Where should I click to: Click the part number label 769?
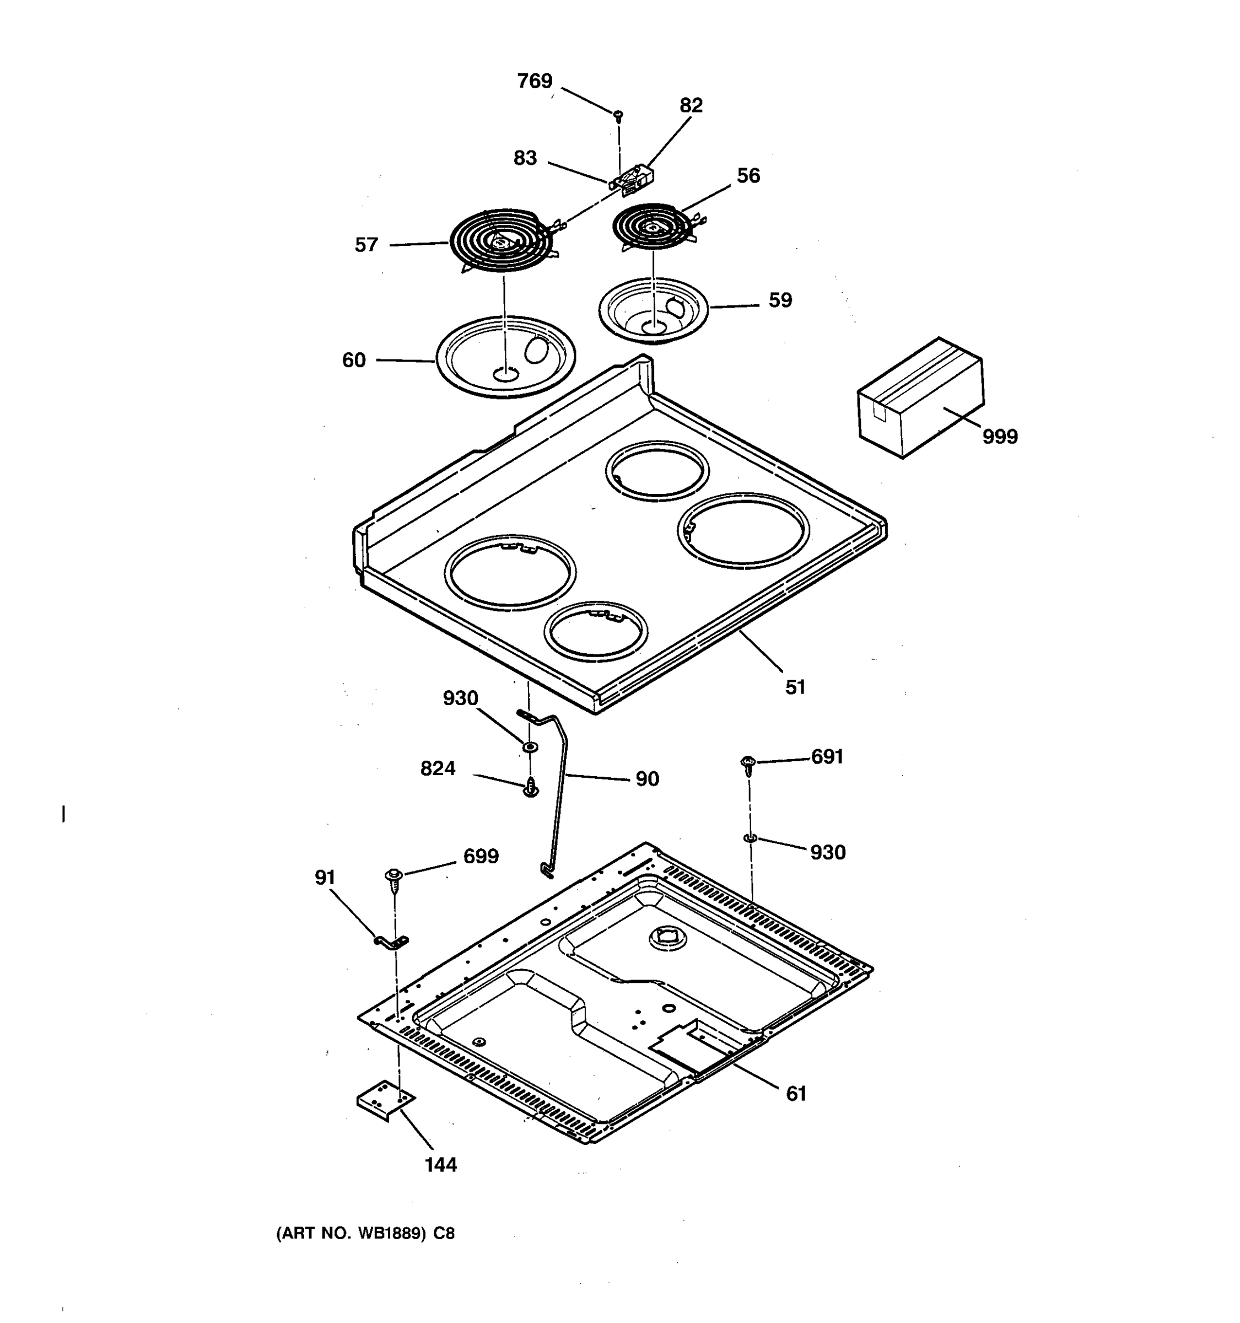(534, 81)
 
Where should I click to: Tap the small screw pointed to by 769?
(618, 116)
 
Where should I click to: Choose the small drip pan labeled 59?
(653, 310)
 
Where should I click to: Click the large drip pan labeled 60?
(505, 357)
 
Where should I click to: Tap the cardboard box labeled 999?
(920, 398)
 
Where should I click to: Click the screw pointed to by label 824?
(530, 787)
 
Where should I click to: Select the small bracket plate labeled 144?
(385, 1104)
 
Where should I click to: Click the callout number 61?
(796, 1094)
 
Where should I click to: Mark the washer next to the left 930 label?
(530, 747)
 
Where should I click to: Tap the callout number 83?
(525, 158)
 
